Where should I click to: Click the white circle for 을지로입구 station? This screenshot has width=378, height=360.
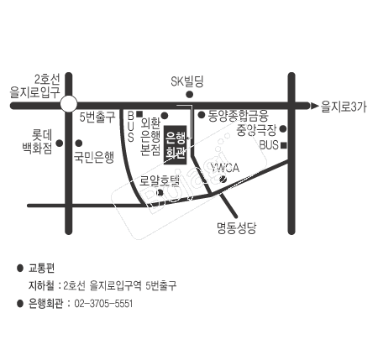tap(69, 104)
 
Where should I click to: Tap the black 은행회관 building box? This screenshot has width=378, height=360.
tap(176, 145)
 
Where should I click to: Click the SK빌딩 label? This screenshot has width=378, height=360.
tap(187, 81)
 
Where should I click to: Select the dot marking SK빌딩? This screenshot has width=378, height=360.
tap(190, 95)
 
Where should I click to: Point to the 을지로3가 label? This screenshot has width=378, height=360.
tap(344, 107)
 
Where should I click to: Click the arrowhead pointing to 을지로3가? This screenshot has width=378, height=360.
tap(315, 106)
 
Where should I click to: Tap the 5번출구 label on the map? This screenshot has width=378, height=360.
tap(97, 117)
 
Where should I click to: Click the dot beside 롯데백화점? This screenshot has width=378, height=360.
tap(60, 143)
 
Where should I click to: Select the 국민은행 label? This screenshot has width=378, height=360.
tap(94, 158)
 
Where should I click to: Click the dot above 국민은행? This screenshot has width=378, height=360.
tap(79, 143)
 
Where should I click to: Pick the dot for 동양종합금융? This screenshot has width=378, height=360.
tap(202, 115)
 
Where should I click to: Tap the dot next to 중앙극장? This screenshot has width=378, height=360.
tap(283, 128)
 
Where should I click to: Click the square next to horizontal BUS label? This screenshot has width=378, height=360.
tap(284, 145)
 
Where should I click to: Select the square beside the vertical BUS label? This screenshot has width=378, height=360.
tap(139, 114)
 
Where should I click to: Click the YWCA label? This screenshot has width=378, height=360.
tap(225, 168)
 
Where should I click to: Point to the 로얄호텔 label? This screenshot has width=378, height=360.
tap(160, 180)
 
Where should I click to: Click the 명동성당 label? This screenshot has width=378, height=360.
tap(237, 228)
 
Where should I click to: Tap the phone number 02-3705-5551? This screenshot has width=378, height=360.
tap(103, 304)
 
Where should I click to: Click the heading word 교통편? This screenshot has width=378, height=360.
tap(41, 269)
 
